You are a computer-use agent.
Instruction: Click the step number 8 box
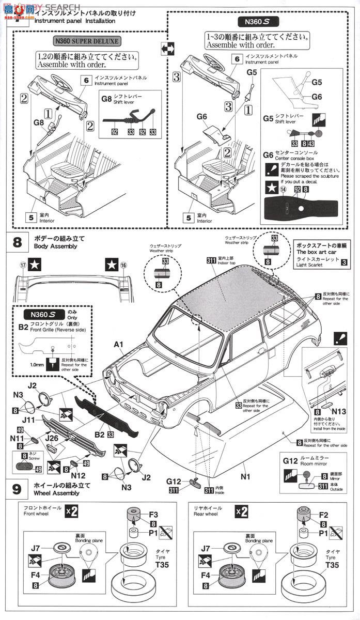17,242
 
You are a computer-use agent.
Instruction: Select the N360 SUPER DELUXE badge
93,41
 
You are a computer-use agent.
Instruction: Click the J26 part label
51,438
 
